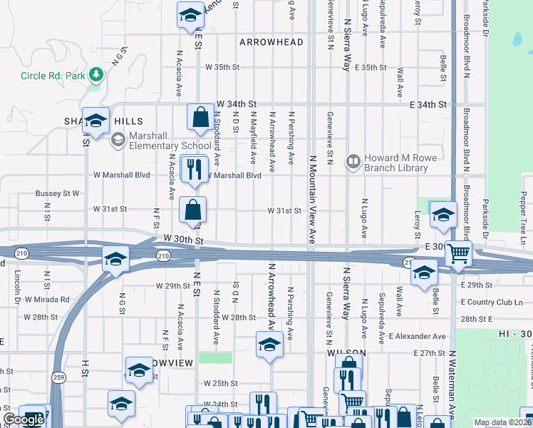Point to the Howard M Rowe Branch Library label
pos(397,163)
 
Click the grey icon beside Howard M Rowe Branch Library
pos(352,162)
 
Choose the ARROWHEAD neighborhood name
pos(271,42)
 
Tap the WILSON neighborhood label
pos(346,353)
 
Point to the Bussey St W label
pos(57,193)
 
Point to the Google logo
pos(24,419)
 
